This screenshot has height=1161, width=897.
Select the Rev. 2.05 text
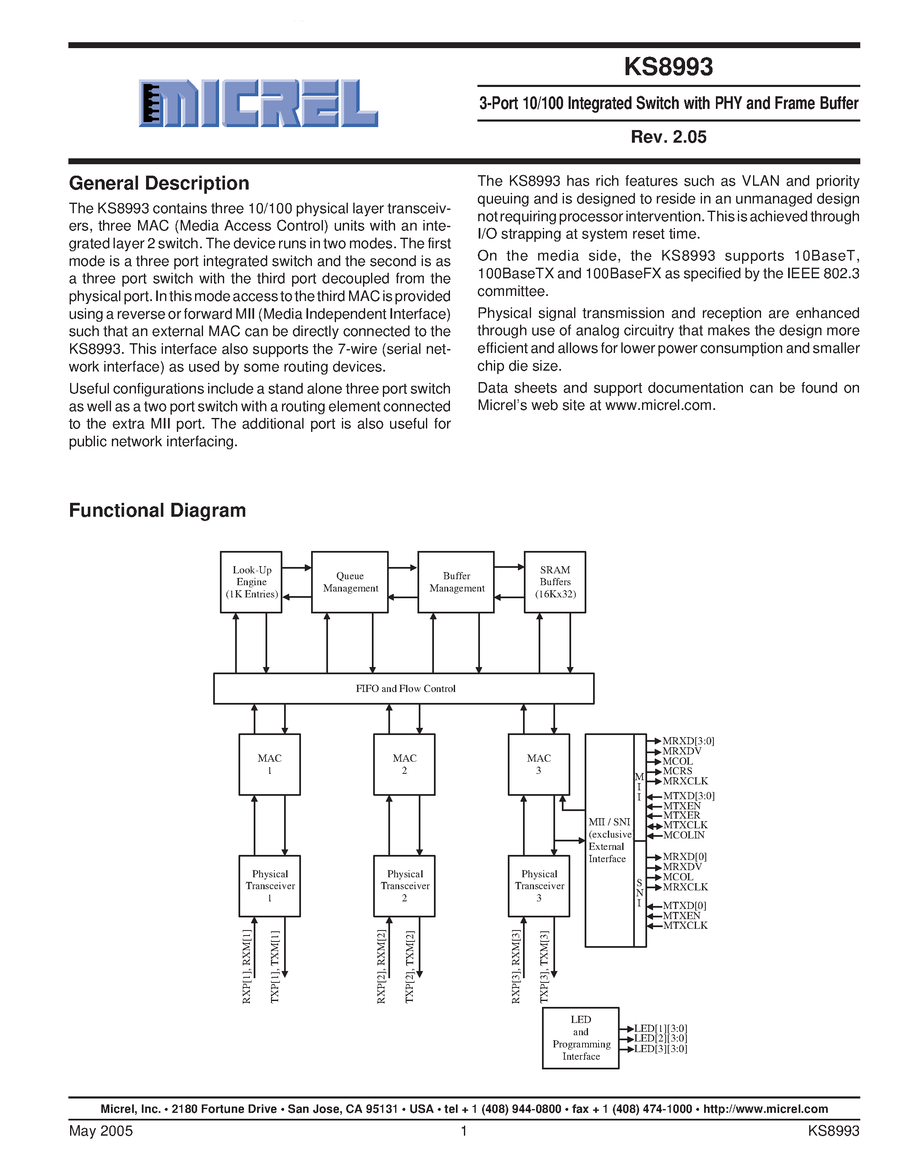(668, 137)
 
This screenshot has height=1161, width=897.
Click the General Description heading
(159, 183)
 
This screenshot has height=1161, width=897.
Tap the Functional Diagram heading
(157, 510)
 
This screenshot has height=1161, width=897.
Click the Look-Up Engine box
(251, 582)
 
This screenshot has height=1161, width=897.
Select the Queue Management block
(350, 582)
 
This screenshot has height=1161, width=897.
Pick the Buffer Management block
(456, 582)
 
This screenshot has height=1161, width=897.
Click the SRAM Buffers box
(555, 582)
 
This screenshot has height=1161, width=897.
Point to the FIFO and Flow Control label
(406, 689)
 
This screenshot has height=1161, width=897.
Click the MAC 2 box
(404, 765)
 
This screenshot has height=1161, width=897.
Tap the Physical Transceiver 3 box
(539, 886)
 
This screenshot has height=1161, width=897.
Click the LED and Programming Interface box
(580, 1038)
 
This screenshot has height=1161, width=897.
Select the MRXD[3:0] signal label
(688, 741)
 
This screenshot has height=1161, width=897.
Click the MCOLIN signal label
(683, 835)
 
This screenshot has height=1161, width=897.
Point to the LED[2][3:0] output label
(661, 1038)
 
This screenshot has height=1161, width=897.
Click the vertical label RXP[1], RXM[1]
(247, 966)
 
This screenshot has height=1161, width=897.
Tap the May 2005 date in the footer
(101, 1131)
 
